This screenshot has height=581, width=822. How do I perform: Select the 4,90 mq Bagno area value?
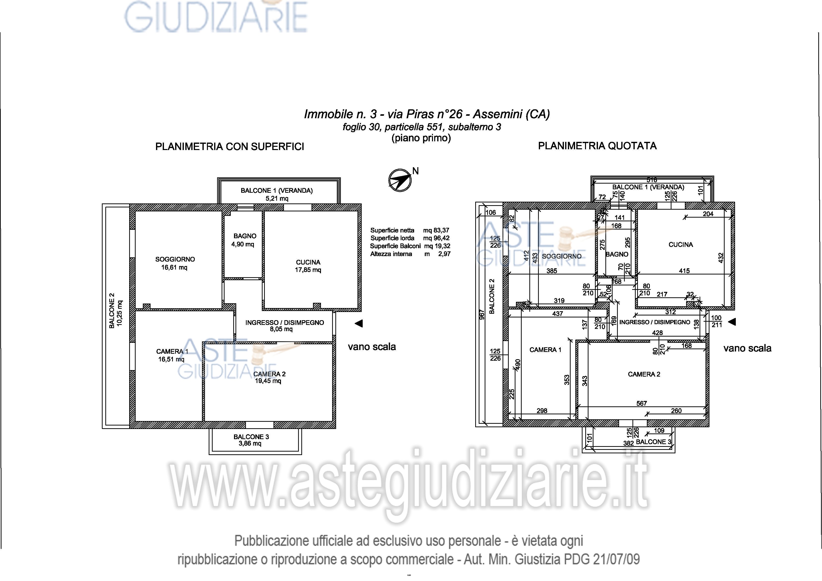point(242,244)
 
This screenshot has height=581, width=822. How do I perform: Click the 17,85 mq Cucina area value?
point(308,270)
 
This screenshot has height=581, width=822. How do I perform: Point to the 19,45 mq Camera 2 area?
point(268,381)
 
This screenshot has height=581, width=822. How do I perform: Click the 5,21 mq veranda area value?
point(277,198)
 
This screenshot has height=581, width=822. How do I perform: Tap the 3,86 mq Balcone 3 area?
point(250,444)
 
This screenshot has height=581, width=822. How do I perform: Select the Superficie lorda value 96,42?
point(441,238)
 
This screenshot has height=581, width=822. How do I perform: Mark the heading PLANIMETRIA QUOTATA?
point(597,146)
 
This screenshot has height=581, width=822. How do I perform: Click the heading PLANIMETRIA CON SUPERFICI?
point(230,146)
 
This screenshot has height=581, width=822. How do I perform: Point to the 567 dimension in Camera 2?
point(642,403)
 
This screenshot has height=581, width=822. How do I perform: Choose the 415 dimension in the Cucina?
point(684,271)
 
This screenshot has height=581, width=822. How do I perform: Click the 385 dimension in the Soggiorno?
point(552,271)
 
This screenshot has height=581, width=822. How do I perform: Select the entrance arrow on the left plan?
point(358,323)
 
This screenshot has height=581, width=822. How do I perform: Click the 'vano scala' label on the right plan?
point(747,348)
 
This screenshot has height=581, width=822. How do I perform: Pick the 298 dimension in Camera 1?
point(542,411)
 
